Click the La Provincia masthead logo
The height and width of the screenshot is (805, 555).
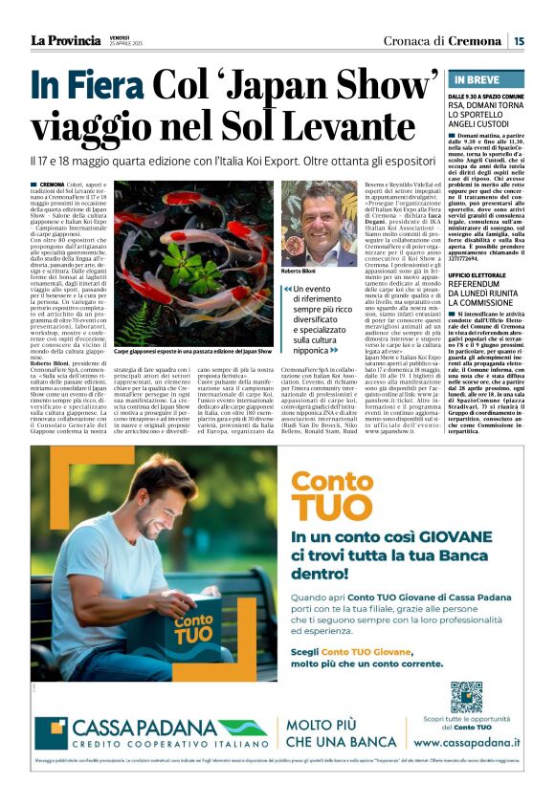[x=65, y=40]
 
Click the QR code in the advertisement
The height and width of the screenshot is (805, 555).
[x=466, y=697]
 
